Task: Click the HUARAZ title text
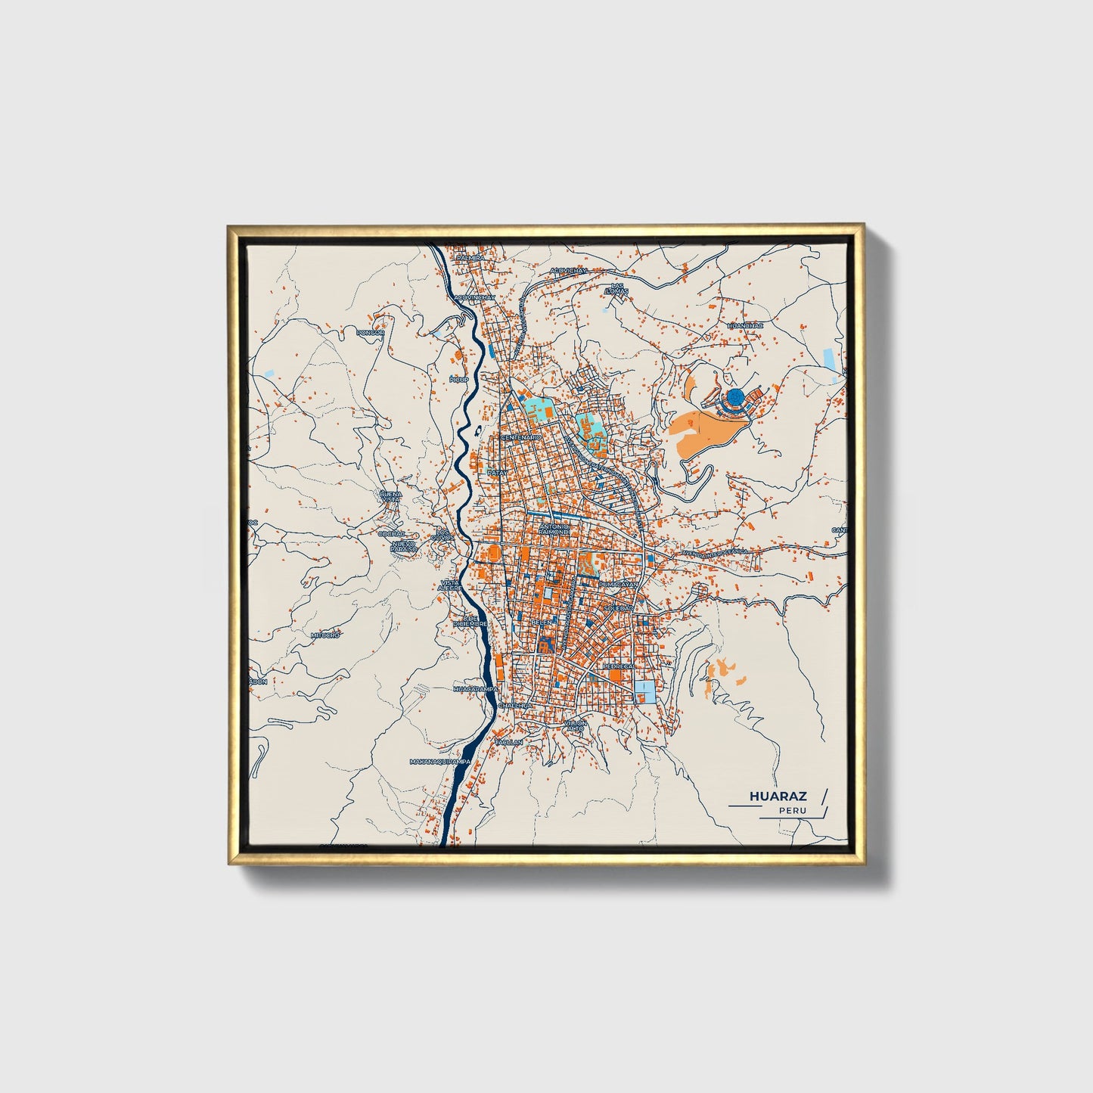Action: pos(778,796)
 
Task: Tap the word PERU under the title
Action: pos(793,811)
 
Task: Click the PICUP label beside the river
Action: pos(458,379)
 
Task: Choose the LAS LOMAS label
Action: pos(618,289)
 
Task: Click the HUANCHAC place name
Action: pos(745,325)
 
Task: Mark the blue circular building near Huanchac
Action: pos(735,396)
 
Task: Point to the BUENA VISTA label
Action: pos(391,496)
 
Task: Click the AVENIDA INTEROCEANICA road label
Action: pos(715,552)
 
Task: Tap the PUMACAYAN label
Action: pos(619,585)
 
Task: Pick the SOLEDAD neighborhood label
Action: pos(618,607)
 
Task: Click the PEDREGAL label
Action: pos(618,666)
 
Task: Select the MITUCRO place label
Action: pos(326,635)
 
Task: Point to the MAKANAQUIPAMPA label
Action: pos(439,762)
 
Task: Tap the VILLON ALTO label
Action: pos(575,725)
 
